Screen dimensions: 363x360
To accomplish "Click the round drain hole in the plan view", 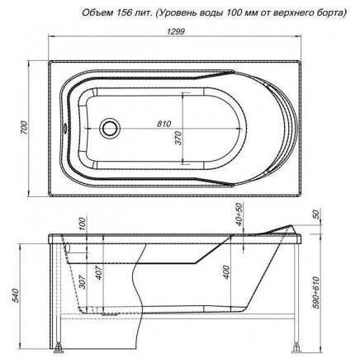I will point(110,129).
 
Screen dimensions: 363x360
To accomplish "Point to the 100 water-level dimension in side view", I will point(83,224).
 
